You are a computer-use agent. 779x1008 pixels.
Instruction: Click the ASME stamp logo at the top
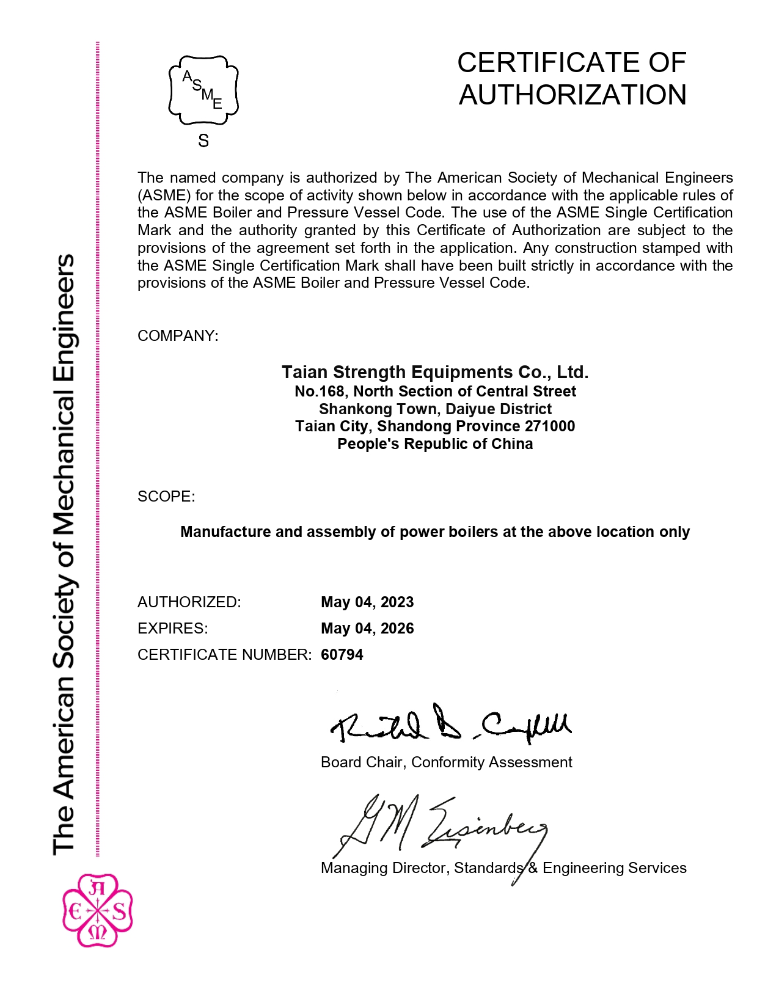203,90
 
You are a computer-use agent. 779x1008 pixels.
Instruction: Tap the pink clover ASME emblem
98,910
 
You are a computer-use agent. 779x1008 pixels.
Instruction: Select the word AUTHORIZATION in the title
572,95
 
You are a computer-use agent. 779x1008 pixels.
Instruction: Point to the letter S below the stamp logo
203,141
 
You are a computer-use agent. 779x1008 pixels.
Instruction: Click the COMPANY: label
177,336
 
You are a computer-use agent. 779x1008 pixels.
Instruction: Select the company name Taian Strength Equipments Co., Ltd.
435,372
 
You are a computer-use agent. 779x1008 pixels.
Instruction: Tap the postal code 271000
550,426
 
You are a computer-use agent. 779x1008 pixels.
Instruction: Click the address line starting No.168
435,392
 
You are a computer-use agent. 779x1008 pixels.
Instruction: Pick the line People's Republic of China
435,444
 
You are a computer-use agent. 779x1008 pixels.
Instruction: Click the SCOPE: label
166,497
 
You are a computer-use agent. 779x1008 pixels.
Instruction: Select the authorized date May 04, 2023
367,602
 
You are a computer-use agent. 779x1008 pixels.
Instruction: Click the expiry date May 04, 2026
367,629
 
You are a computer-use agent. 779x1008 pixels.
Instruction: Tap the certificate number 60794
342,655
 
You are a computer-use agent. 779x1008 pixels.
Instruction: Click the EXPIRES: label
172,629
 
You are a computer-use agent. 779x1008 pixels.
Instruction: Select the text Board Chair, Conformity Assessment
446,762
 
